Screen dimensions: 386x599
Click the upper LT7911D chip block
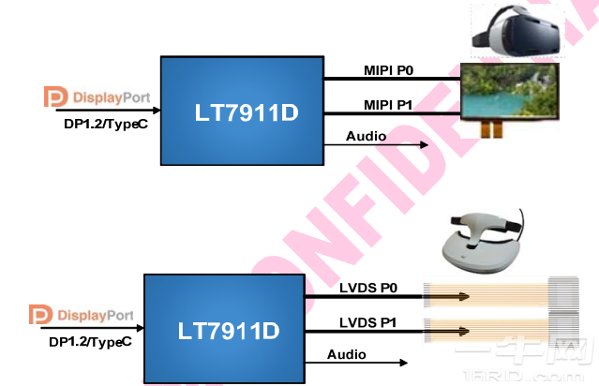click(x=241, y=112)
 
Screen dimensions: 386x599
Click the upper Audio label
click(x=365, y=136)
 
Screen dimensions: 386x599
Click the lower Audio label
click(x=347, y=353)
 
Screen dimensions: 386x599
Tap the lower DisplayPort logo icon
click(x=38, y=315)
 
